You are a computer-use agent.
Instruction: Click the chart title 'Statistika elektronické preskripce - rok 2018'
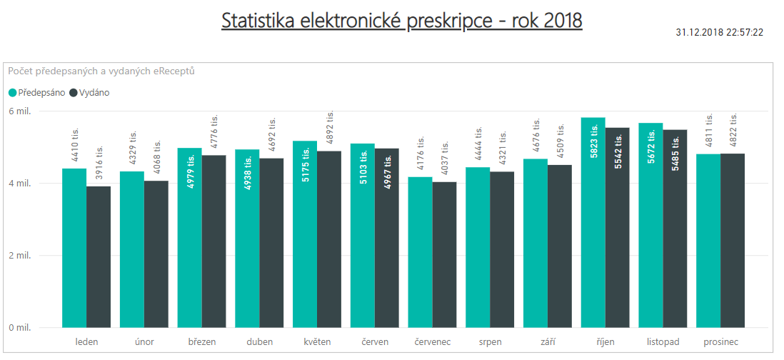(401, 21)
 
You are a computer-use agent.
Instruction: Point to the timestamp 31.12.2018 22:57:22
(719, 32)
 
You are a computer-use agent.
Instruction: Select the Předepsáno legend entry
(36, 92)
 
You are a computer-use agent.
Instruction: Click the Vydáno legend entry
(89, 92)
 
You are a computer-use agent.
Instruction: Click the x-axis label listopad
(663, 341)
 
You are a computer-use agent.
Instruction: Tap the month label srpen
(490, 341)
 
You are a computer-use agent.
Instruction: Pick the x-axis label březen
(201, 341)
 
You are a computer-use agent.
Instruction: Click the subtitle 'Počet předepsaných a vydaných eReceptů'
(101, 71)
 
